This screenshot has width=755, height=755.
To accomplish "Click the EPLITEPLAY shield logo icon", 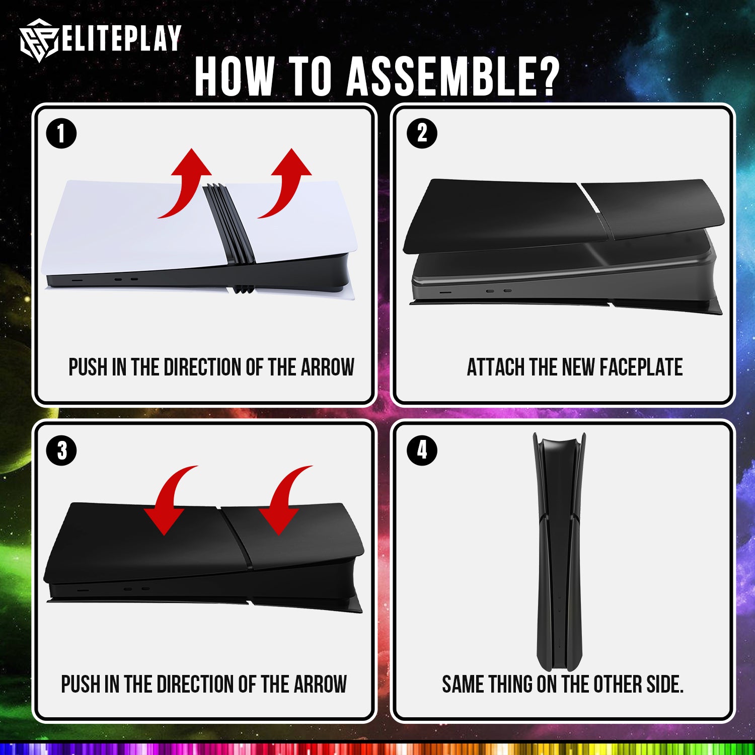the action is point(40,40).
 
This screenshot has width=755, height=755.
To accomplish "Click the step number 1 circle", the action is point(61,134).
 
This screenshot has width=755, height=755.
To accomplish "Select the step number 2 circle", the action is point(422,134).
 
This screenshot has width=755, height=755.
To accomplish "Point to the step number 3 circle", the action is point(61,450).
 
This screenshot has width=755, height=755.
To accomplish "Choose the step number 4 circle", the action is point(422,450).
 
